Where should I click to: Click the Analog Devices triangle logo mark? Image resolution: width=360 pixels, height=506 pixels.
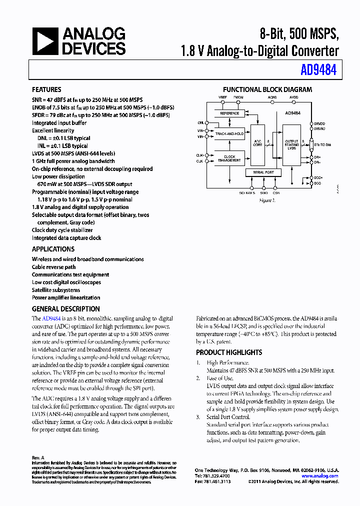pyautogui.click(x=45, y=41)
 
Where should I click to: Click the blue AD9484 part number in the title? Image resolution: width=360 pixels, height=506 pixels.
pyautogui.click(x=318, y=70)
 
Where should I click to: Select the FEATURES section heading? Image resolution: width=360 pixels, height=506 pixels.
pyautogui.click(x=46, y=89)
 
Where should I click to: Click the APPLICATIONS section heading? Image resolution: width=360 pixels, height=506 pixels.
pyautogui.click(x=53, y=249)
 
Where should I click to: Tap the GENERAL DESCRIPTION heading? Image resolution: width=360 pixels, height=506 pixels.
pyautogui.click(x=65, y=309)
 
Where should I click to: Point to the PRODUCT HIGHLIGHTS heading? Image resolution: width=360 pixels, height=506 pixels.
pyautogui.click(x=229, y=352)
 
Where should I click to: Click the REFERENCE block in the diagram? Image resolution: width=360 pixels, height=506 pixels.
pyautogui.click(x=229, y=113)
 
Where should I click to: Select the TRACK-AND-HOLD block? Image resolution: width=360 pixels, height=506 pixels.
pyautogui.click(x=229, y=134)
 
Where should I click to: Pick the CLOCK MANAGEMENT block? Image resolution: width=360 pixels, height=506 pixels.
pyautogui.click(x=229, y=158)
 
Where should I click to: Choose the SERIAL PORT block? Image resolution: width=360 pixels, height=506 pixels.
pyautogui.click(x=263, y=172)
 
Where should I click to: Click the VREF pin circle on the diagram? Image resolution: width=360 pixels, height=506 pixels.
pyautogui.click(x=222, y=102)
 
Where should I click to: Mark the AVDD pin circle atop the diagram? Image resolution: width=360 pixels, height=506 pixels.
pyautogui.click(x=293, y=102)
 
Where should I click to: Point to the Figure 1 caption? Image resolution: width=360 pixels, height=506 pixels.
pyautogui.click(x=267, y=200)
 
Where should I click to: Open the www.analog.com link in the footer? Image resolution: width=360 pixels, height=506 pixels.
pyautogui.click(x=319, y=476)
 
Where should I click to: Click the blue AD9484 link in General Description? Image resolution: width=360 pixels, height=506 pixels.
pyautogui.click(x=51, y=318)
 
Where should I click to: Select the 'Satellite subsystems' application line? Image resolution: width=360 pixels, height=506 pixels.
pyautogui.click(x=56, y=290)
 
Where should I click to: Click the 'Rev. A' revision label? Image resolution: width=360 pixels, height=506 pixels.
pyautogui.click(x=38, y=457)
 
